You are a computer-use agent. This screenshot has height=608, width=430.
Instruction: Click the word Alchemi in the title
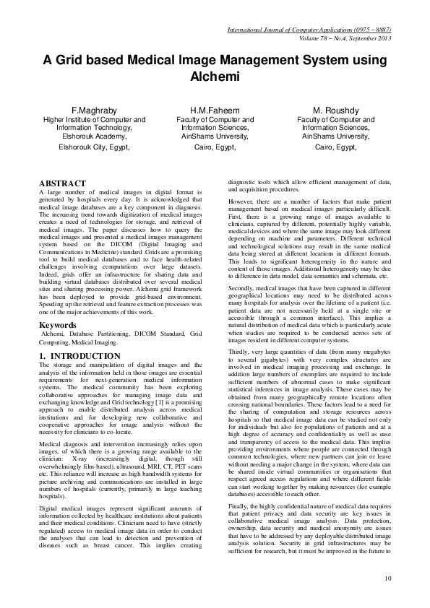pos(215,75)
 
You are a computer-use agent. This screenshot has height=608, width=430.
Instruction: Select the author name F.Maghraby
pos(95,110)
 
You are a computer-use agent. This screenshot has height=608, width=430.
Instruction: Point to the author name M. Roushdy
pos(336,110)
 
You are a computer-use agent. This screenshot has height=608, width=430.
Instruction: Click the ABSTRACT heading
pos(62,184)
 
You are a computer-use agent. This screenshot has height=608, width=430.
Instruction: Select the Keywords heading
pos(58,325)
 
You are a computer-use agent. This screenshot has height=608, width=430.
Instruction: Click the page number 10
pos(387,578)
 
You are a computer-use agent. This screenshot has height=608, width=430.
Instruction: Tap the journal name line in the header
pos(309,30)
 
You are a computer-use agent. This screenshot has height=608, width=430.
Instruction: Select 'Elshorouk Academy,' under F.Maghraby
pos(95,135)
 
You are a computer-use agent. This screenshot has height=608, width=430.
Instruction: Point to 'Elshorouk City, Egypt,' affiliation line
pos(95,146)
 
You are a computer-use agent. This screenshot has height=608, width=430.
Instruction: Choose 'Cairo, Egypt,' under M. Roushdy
pos(336,146)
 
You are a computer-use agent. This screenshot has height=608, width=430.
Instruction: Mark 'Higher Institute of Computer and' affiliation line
pos(95,119)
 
